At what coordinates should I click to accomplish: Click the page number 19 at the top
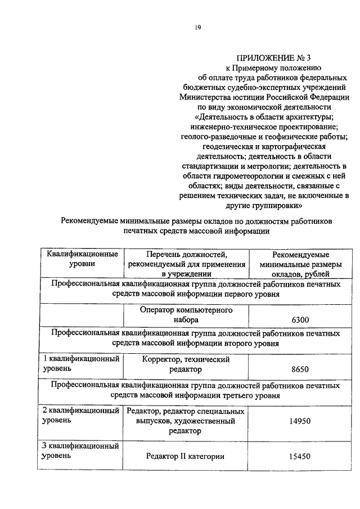[x=198, y=27]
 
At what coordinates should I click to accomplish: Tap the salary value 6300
[x=300, y=319]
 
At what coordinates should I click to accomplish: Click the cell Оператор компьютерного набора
[x=187, y=314]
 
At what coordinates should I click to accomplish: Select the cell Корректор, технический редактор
[x=187, y=364]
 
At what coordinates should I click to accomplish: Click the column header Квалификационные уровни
[x=82, y=259]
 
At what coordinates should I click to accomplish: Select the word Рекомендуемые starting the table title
[x=93, y=221]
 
